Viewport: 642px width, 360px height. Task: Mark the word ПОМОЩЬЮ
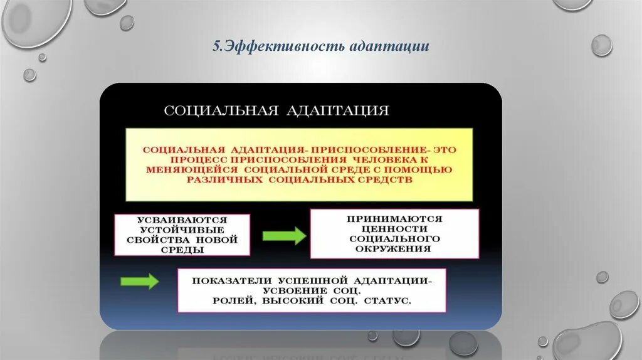(422, 169)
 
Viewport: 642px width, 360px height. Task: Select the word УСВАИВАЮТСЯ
(182, 220)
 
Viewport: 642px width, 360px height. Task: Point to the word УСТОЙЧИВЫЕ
(182, 230)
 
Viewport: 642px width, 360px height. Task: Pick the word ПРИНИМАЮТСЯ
(394, 219)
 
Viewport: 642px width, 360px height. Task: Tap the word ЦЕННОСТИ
(394, 229)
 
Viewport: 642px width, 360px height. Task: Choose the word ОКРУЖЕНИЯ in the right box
(394, 248)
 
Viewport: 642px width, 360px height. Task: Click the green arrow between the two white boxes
(283, 236)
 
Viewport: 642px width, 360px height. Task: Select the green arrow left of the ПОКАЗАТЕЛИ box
(139, 282)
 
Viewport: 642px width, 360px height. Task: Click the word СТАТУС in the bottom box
(388, 301)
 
